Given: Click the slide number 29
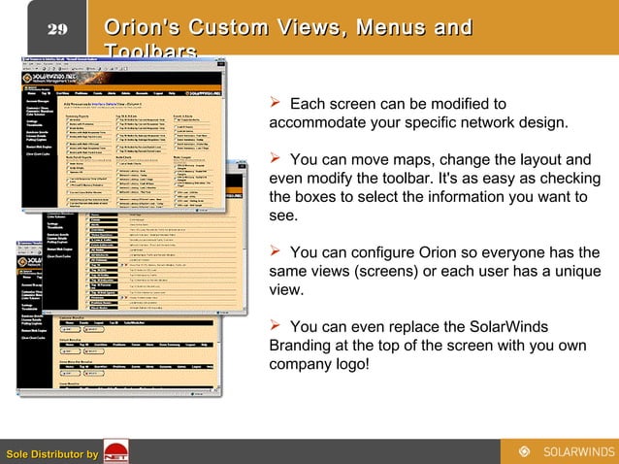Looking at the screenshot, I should (57, 28).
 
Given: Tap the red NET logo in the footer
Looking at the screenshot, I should (115, 452).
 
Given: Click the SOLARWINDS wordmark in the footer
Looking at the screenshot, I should (576, 451).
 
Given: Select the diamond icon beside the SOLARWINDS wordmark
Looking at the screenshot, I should (525, 451).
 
